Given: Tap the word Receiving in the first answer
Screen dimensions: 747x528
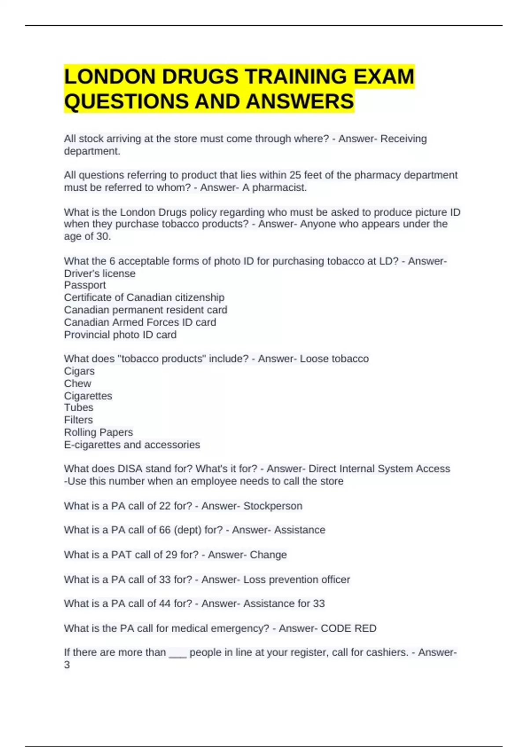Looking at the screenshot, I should point(403,139).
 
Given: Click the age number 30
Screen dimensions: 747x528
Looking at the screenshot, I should point(103,236).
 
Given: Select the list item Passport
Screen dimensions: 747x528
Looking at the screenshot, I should point(85,285).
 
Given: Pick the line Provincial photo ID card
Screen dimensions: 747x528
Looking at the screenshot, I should point(120,335).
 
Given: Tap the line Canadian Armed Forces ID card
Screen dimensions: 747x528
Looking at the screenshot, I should point(140,323).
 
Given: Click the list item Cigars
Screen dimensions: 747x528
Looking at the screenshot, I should point(79,371).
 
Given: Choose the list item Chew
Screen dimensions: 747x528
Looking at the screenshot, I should point(77,384).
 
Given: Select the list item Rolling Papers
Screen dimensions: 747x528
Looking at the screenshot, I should point(99,432).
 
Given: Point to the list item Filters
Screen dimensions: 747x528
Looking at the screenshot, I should point(78,420).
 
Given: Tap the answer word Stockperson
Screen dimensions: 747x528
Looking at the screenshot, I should point(273,506).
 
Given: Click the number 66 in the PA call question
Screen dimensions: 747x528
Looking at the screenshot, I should point(165,530).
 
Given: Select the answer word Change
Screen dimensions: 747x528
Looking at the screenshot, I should point(268,555).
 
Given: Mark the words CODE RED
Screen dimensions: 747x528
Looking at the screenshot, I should point(348,628).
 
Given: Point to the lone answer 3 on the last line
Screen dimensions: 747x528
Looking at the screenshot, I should point(67,665).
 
